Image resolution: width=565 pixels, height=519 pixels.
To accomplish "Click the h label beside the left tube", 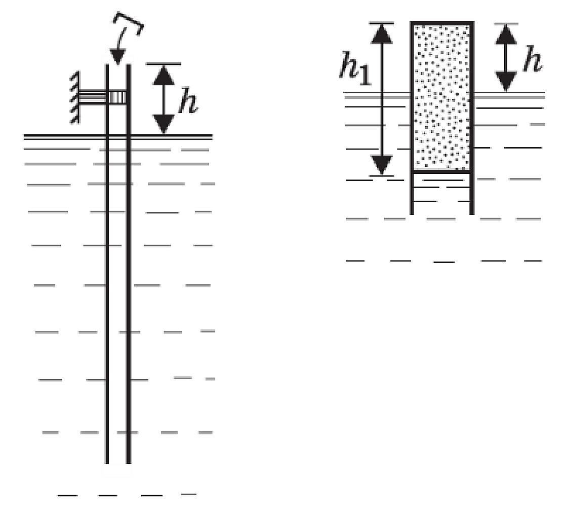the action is [188, 100].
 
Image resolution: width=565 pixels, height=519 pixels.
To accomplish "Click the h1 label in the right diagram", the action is [355, 69].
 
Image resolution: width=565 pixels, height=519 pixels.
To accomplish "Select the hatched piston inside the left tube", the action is [117, 97].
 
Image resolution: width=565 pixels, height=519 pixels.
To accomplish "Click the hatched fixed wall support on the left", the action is [74, 98].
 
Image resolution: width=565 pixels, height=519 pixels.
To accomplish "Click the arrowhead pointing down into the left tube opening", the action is [117, 58].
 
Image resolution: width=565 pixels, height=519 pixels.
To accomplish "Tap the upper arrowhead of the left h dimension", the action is [164, 75].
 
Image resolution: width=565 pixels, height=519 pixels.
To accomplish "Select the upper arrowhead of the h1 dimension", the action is [382, 33].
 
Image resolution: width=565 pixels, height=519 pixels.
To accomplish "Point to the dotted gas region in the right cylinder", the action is [442, 97].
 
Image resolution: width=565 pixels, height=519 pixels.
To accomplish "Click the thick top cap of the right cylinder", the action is [442, 23].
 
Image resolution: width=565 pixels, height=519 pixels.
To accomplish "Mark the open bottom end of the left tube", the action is [117, 463].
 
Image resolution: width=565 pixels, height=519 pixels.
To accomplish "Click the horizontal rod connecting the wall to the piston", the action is [93, 97].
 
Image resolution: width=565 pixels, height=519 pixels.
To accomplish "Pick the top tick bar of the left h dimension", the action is [164, 64].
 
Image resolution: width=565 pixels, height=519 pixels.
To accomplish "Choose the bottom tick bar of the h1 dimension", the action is [382, 176].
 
